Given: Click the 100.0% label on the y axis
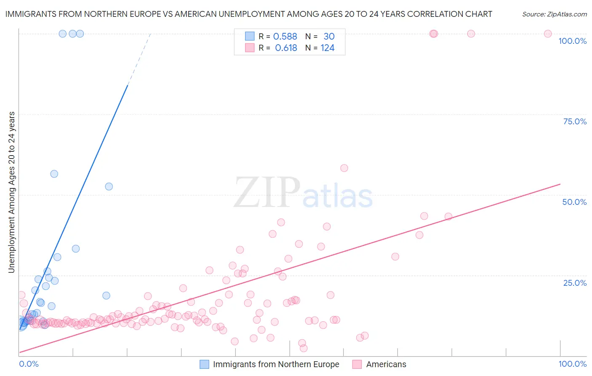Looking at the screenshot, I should (572, 41).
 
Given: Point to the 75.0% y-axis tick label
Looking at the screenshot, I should (575, 121).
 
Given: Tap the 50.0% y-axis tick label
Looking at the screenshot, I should (574, 202).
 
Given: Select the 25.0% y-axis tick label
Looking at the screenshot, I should (575, 283).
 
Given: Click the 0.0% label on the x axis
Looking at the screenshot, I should (29, 364).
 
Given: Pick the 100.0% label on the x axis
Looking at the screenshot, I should (572, 364).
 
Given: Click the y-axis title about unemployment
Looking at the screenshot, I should (12, 192).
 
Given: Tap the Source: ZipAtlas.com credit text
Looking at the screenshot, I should (554, 14).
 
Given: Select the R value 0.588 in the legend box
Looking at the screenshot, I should (285, 37).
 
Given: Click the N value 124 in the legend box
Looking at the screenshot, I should (327, 48).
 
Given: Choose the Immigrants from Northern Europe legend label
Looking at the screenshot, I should (276, 364).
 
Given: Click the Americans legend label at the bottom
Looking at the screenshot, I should (386, 364).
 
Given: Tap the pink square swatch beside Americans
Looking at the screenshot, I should (357, 364).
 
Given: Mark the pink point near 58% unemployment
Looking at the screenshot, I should (344, 168).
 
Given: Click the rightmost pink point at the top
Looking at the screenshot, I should (548, 34).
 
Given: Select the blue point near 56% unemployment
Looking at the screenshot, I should (54, 174).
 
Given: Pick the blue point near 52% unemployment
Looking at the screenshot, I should (109, 186).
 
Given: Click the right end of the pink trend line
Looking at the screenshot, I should (560, 184).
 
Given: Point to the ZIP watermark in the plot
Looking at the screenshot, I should (267, 193).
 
